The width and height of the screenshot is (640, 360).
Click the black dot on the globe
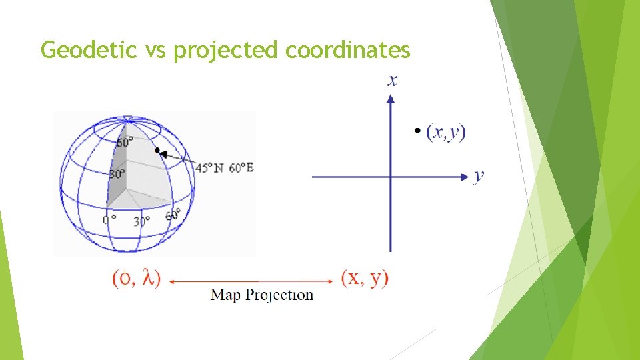(x=157, y=151)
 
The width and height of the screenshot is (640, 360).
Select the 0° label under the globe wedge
(x=110, y=219)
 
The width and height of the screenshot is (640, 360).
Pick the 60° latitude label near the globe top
(x=125, y=142)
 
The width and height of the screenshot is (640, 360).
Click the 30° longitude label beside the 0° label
(x=143, y=220)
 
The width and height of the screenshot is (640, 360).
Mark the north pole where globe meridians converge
(x=125, y=119)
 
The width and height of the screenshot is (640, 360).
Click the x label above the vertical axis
(x=392, y=81)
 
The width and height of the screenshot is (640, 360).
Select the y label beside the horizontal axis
(x=479, y=176)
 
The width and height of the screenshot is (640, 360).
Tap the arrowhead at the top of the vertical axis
(x=391, y=99)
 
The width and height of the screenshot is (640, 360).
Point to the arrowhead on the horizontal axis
(x=465, y=177)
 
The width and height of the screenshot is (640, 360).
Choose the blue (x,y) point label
(x=446, y=133)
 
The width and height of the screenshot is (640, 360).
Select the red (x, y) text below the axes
(x=365, y=277)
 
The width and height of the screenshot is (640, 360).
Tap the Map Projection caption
(x=261, y=295)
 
